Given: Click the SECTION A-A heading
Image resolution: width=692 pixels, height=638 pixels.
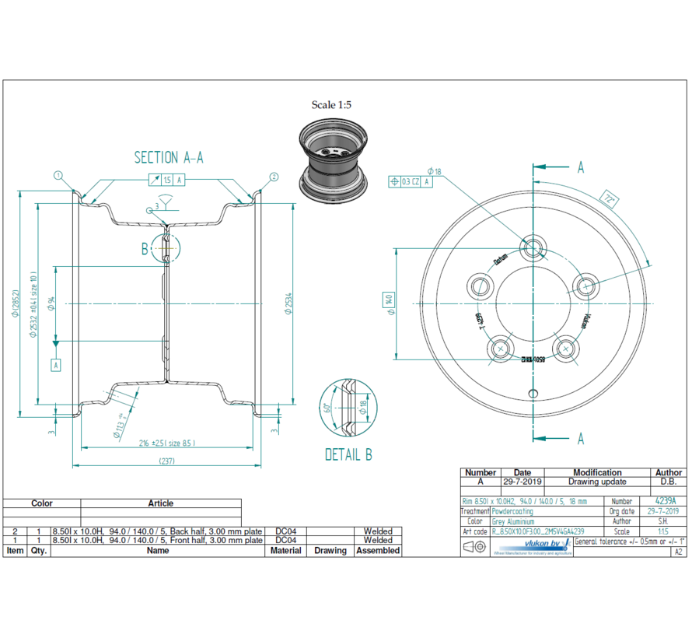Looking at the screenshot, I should click(168, 157).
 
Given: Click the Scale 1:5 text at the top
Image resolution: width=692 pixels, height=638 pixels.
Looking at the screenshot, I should click(332, 104).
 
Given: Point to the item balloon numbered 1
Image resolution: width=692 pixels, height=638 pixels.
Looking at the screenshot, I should click(58, 176).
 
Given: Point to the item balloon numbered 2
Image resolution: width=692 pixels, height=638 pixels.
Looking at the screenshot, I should click(274, 177).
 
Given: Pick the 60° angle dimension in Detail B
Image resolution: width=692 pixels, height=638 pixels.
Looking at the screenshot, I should click(327, 408).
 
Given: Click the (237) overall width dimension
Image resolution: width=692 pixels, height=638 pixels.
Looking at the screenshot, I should click(168, 460).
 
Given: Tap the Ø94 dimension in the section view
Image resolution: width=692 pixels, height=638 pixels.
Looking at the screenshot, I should click(51, 303).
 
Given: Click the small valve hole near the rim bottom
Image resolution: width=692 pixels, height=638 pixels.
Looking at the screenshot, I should click(533, 391).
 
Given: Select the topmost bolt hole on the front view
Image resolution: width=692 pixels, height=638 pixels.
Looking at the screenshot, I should click(533, 249).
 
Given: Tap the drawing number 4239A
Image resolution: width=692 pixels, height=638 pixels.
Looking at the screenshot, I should click(666, 502).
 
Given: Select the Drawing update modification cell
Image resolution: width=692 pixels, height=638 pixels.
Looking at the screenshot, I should click(596, 482).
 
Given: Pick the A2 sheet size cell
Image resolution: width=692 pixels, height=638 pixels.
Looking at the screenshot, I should click(677, 551).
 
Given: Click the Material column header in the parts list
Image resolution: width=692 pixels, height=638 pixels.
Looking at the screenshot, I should click(285, 550).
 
